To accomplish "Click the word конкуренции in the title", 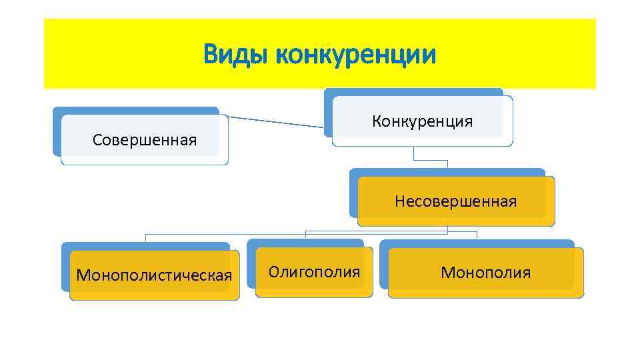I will [x=355, y=54].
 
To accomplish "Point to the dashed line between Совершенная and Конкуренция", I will [x=277, y=121].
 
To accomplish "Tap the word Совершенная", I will [x=145, y=140].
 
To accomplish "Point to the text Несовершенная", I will [x=455, y=201].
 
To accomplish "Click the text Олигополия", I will [x=314, y=271].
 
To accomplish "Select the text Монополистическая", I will [x=155, y=275].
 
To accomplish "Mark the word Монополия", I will [x=485, y=272].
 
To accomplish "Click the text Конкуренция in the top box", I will [x=423, y=121].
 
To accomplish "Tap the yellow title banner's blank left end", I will [x=100, y=53].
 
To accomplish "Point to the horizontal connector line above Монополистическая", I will [x=200, y=235].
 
